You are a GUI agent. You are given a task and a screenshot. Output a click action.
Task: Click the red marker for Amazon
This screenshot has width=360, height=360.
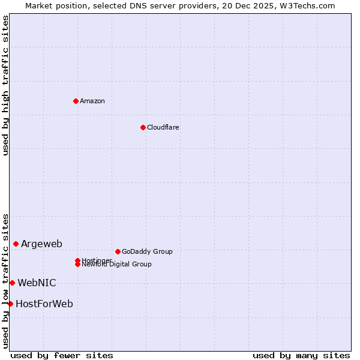pos(76,101)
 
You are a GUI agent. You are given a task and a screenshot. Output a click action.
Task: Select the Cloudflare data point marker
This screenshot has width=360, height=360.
pos(143,127)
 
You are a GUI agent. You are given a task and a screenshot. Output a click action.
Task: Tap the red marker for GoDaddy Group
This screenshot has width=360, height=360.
pos(118,251)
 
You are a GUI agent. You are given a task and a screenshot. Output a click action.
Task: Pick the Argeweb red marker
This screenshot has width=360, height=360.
pos(16,244)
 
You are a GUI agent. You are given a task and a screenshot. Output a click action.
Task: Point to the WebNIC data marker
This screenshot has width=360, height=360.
pos(12,283)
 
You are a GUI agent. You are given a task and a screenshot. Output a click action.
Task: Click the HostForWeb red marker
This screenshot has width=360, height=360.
pos(10,304)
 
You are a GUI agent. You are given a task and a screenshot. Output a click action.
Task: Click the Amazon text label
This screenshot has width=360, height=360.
pos(92,101)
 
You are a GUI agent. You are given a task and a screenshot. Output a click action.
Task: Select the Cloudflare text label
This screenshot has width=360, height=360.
pos(163,127)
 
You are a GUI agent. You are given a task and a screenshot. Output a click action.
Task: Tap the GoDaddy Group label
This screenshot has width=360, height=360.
pos(147,251)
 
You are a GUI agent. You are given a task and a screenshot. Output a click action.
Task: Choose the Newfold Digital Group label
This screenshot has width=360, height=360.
pos(117,265)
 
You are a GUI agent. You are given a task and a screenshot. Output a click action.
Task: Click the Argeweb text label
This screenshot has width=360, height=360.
pos(41,244)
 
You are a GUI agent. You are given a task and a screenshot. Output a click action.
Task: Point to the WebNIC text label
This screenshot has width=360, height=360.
pos(37,283)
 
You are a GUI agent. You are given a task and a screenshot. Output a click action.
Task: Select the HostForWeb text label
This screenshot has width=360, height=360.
pos(44,304)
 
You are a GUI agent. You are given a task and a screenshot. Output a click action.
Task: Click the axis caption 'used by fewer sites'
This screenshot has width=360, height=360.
pos(62,355)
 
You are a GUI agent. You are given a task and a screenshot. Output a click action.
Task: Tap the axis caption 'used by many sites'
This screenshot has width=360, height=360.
pos(301,355)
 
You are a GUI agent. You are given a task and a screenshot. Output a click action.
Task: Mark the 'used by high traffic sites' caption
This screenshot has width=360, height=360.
pos(5,85)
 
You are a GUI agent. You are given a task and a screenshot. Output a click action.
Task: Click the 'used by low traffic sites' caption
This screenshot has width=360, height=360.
pos(5,281)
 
